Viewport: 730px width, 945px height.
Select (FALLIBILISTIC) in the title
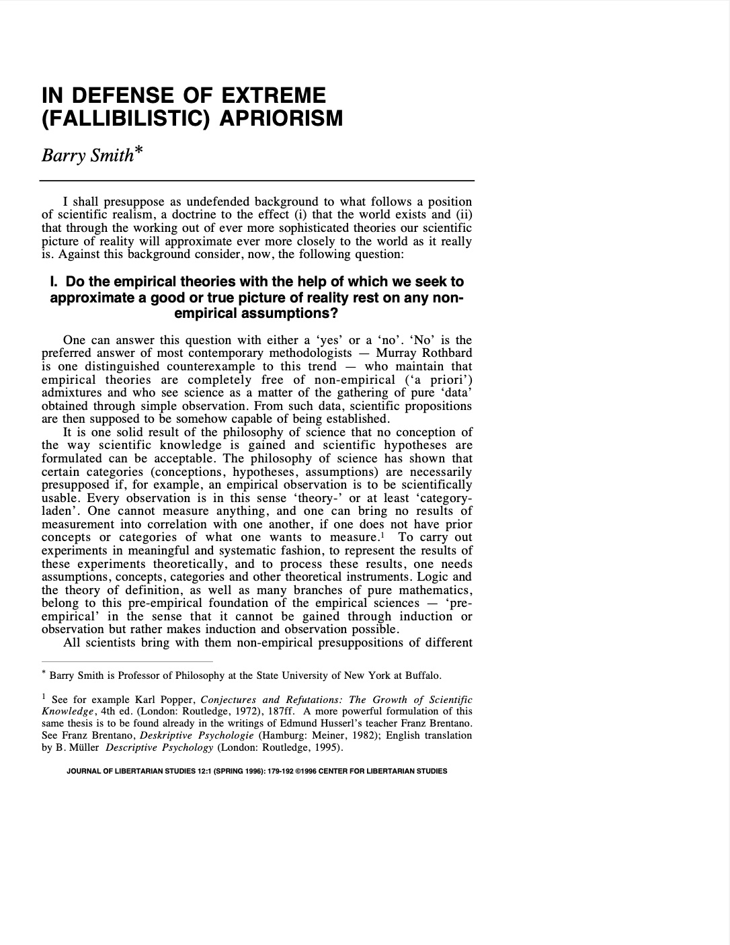(126, 118)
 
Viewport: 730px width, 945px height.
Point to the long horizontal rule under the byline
(257, 181)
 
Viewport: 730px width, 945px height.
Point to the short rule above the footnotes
(127, 661)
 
